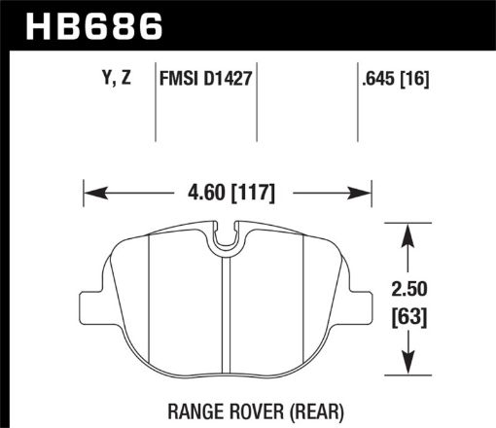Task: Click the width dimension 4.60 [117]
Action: point(229,194)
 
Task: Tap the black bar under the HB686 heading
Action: point(248,47)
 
